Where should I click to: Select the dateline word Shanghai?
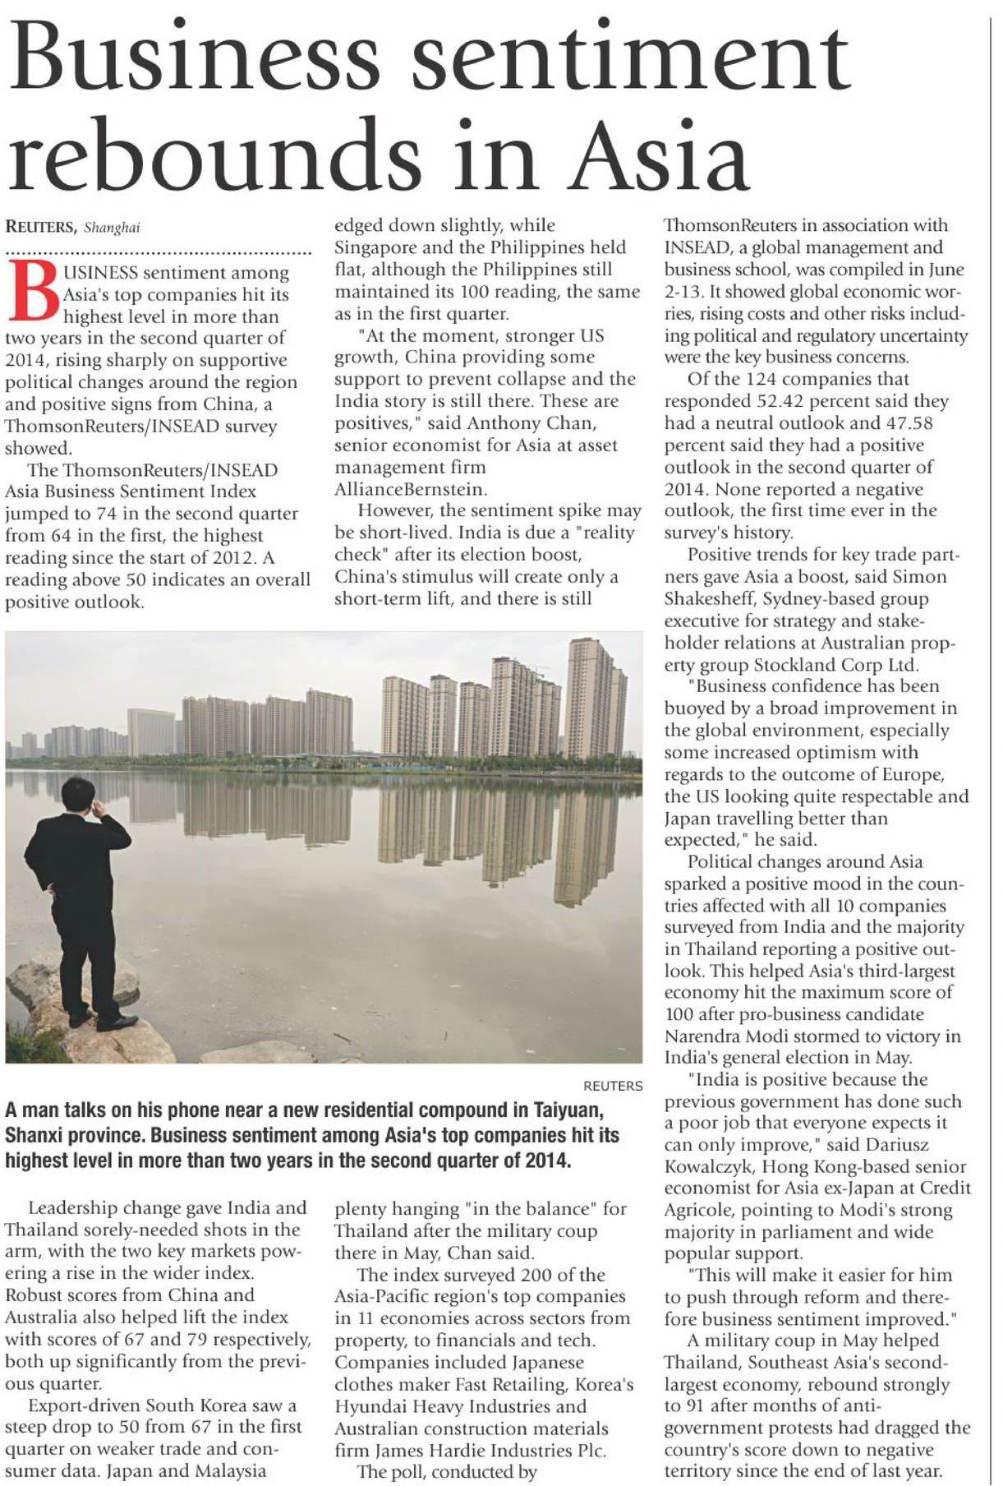[x=112, y=228]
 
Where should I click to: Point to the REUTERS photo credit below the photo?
[x=613, y=1086]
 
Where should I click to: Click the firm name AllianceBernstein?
[x=409, y=489]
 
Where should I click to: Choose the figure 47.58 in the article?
[x=907, y=423]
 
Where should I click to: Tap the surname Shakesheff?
[x=713, y=599]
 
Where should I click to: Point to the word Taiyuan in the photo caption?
[x=569, y=1110]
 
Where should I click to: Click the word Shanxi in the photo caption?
[x=39, y=1136]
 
